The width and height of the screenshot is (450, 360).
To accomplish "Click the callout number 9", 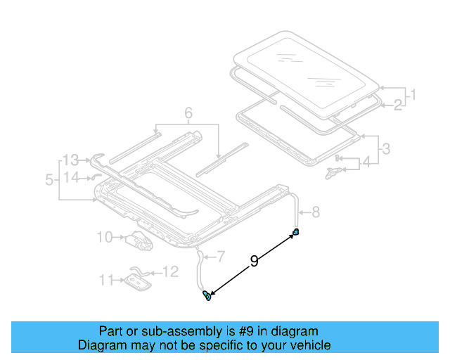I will coord(254,262).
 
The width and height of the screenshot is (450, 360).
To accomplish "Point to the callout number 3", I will coord(385,148).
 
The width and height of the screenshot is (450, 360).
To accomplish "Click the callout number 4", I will coord(366,163).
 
